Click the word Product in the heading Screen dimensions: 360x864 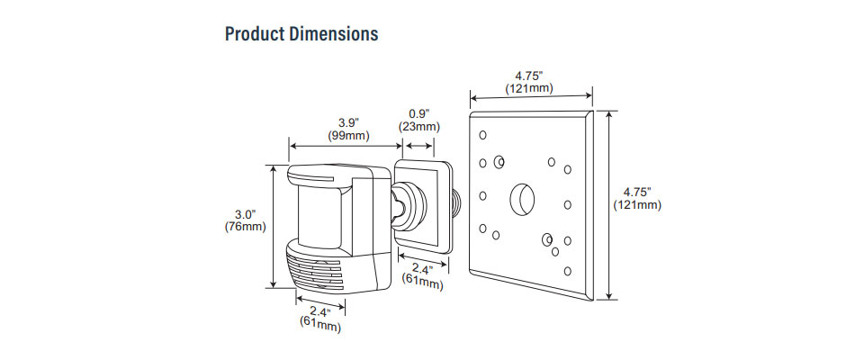tap(256, 34)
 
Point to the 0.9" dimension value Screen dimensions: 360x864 tap(418, 113)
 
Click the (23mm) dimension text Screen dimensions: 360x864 tap(418, 127)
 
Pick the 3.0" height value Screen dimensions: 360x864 tap(245, 214)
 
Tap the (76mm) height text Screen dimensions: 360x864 tap(245, 227)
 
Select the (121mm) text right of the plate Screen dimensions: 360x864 tap(637, 206)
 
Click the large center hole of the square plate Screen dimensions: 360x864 tap(522, 198)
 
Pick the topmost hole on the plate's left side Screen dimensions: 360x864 tap(483, 135)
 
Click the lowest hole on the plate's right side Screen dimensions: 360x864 tap(566, 270)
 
